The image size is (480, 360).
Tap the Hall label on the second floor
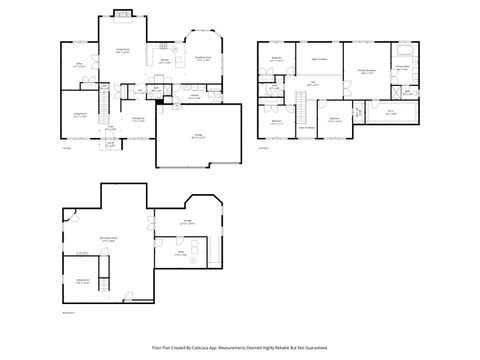click(x=312, y=85)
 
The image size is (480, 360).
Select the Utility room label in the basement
click(x=181, y=254)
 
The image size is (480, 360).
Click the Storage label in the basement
click(x=187, y=223)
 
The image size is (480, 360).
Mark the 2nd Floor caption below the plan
click(x=264, y=148)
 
